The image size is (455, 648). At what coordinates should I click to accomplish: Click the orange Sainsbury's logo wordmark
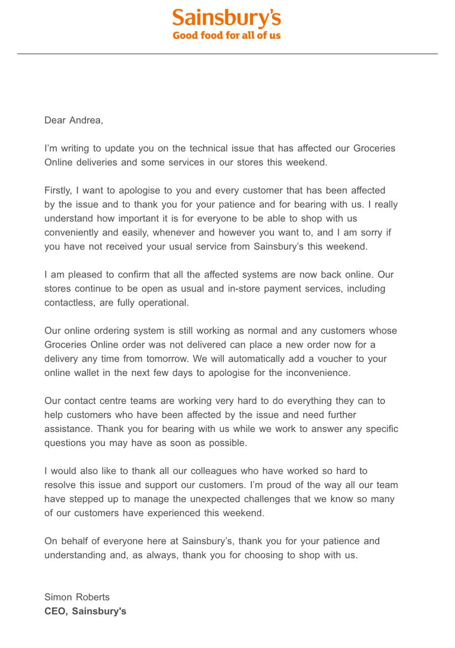pos(227,18)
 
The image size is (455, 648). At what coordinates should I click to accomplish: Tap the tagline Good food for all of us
pos(227,36)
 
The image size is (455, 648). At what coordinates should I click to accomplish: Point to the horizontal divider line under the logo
pos(227,53)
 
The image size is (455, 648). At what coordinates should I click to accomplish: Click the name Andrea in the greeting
pos(85,120)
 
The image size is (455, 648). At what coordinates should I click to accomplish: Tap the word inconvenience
pos(315,373)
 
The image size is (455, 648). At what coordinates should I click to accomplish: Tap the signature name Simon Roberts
pos(77,597)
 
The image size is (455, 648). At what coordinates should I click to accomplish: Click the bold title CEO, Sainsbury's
pos(85,611)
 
